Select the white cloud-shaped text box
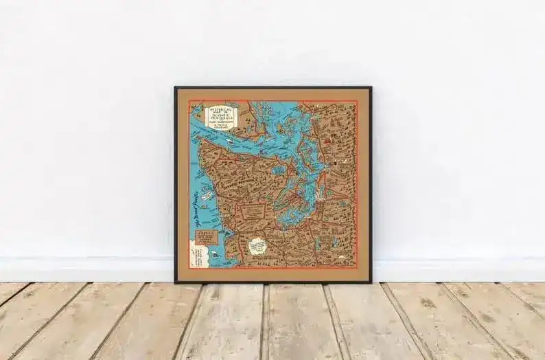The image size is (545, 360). click(257, 245)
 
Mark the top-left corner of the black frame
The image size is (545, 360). click(175, 87)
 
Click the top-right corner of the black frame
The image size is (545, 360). click(371, 87)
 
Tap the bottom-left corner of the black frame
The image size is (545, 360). click(175, 282)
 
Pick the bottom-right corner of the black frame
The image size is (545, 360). click(371, 282)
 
